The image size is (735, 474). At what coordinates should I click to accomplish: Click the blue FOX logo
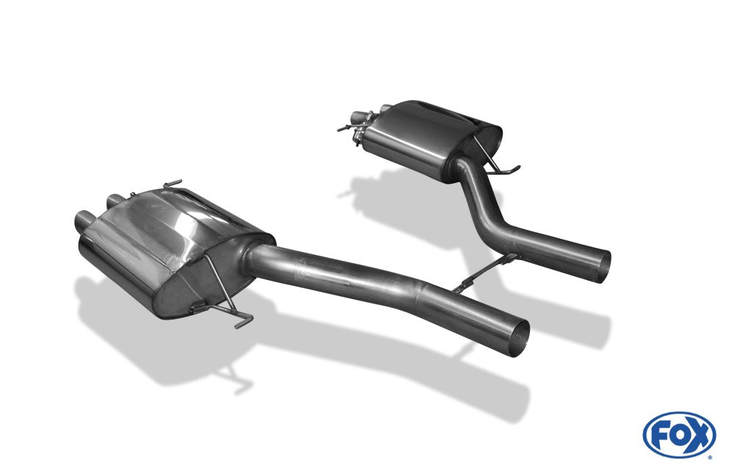pyautogui.click(x=678, y=434)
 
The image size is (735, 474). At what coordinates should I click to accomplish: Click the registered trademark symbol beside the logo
pyautogui.click(x=709, y=457)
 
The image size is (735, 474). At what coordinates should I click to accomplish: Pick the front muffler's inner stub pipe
pyautogui.click(x=115, y=199)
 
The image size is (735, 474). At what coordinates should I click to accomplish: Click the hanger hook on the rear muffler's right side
pyautogui.click(x=510, y=170)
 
